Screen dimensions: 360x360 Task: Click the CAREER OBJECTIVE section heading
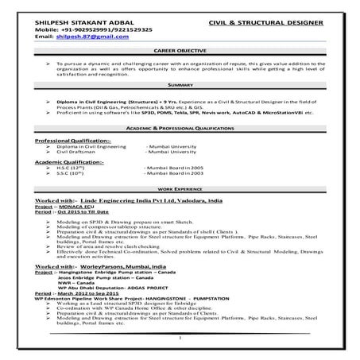click(x=182, y=49)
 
